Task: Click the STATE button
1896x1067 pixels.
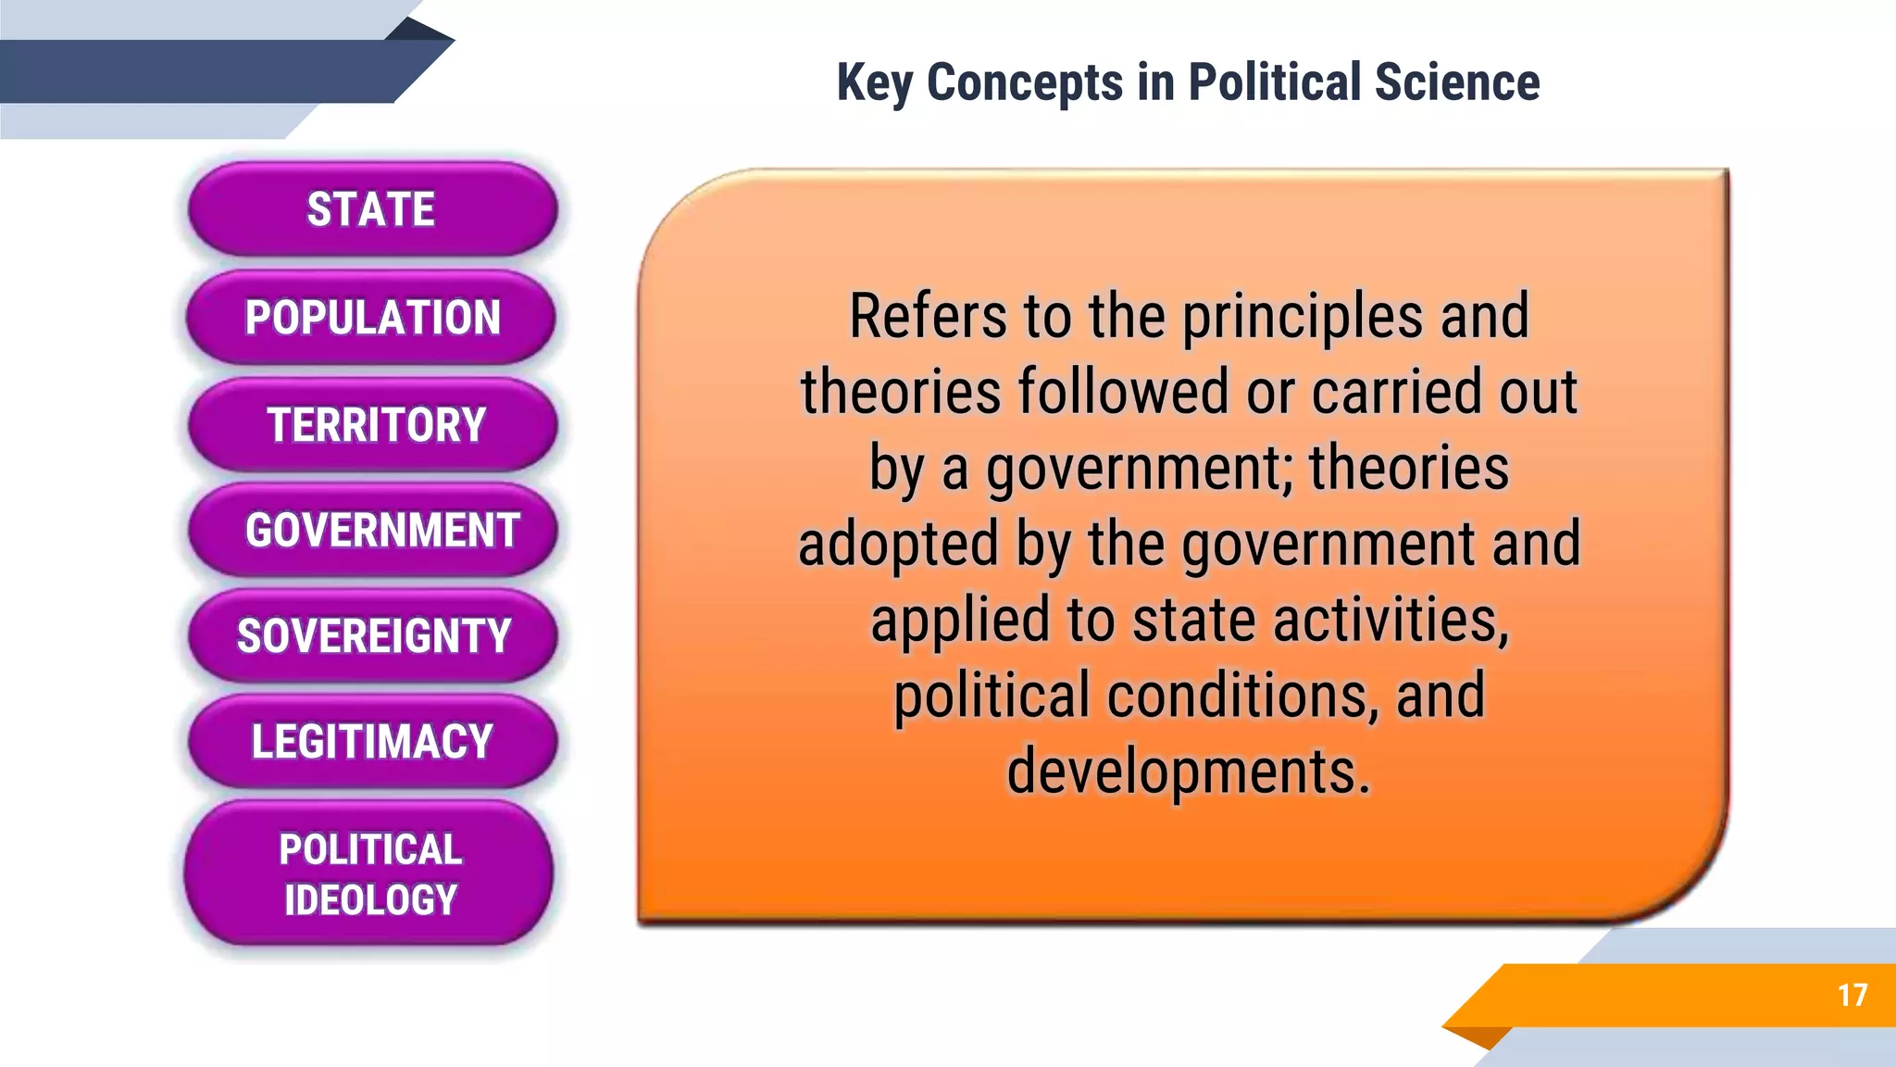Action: (371, 209)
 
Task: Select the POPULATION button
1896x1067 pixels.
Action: (371, 318)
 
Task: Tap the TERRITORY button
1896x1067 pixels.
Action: (374, 425)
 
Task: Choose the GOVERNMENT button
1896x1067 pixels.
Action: (374, 531)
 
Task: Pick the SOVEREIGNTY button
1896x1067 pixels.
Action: (374, 636)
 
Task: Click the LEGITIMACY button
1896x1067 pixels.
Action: (372, 742)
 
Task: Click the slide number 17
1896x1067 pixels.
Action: (1852, 996)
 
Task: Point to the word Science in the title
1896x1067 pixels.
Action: (1457, 82)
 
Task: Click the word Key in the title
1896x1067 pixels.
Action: (874, 82)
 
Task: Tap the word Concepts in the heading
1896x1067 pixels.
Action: (1025, 82)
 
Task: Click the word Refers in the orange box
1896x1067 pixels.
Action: (928, 317)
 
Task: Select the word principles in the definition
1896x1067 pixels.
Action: (1302, 317)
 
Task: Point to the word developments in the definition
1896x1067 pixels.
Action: (1188, 772)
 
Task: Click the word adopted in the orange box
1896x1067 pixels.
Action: (898, 545)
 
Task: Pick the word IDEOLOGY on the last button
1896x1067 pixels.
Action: (370, 900)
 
